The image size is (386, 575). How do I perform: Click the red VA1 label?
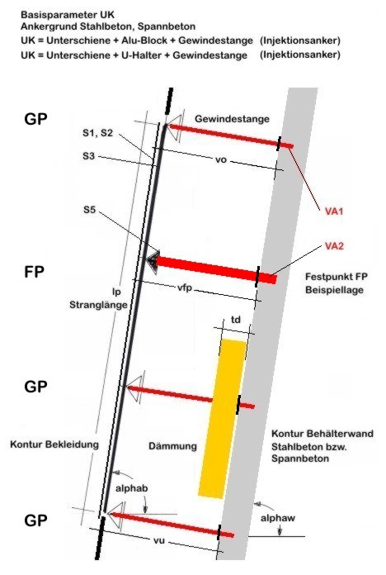(x=334, y=211)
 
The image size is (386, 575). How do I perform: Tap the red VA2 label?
(x=334, y=245)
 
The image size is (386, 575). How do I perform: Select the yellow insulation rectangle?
(x=222, y=419)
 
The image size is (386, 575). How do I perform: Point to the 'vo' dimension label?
(x=221, y=160)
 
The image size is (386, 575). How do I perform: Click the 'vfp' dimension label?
(x=185, y=287)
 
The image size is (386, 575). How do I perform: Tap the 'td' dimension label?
(x=236, y=320)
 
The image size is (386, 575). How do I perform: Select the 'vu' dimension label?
(x=159, y=540)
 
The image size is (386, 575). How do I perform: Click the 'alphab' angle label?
(x=131, y=488)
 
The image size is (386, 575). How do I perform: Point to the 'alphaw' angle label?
(x=278, y=518)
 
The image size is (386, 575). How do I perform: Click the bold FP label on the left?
(x=34, y=272)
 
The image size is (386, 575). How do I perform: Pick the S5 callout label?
(x=89, y=210)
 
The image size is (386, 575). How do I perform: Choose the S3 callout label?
(x=88, y=156)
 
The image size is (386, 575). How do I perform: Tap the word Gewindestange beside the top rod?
(x=232, y=119)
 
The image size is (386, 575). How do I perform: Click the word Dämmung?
(x=172, y=446)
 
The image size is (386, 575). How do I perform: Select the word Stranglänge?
(x=98, y=305)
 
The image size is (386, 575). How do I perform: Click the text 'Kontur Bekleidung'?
(x=54, y=444)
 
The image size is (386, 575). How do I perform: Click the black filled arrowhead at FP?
(x=153, y=261)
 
